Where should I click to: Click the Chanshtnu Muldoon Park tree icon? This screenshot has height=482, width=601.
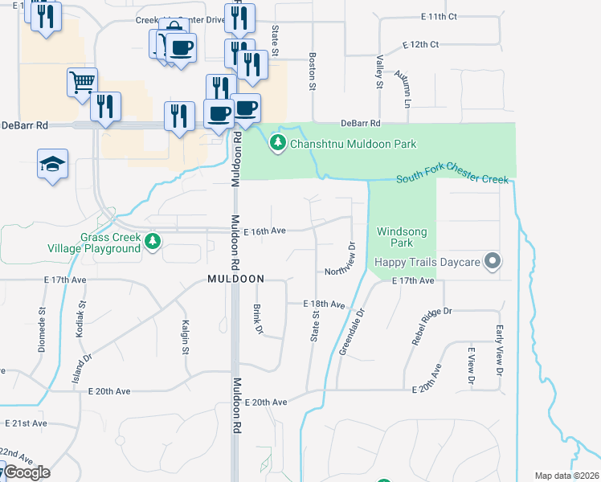[278, 144]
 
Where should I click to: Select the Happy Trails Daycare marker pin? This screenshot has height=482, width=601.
[494, 262]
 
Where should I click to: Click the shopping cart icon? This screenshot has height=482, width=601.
[83, 82]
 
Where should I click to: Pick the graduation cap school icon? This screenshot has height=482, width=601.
[52, 164]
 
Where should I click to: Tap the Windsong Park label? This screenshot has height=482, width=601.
[401, 237]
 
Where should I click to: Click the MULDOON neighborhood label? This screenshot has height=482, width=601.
[235, 278]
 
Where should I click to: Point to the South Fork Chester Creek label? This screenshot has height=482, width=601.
[453, 178]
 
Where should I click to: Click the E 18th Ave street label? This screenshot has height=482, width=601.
[324, 305]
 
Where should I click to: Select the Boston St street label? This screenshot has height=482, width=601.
[312, 67]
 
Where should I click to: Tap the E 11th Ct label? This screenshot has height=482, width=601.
[439, 16]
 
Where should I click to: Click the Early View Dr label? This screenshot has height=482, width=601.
[499, 351]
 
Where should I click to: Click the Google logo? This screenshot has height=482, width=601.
[27, 472]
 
